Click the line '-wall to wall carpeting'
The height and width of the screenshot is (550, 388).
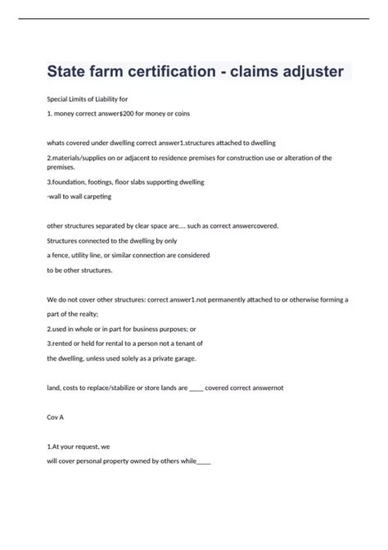point(79,197)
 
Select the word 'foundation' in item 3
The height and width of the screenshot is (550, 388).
point(73,181)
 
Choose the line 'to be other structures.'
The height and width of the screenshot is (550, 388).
point(79,270)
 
